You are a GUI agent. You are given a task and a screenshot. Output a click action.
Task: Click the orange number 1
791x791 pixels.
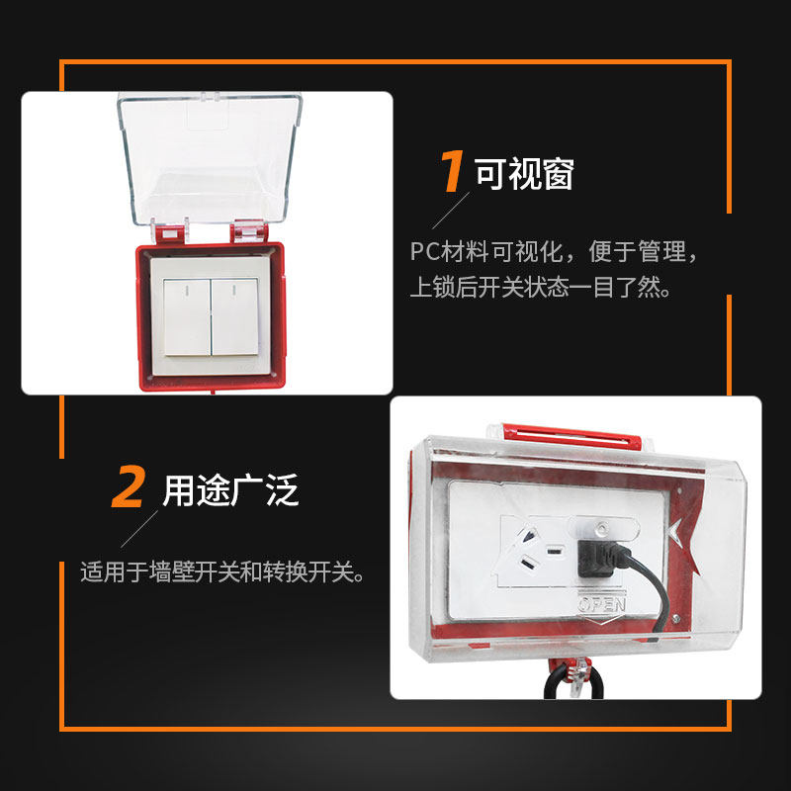click(452, 170)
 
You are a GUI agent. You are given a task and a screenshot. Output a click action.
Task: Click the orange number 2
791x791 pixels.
click(129, 486)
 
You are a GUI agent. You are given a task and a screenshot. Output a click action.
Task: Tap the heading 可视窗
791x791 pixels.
click(524, 174)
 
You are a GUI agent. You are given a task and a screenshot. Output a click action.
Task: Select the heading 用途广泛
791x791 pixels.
click(230, 489)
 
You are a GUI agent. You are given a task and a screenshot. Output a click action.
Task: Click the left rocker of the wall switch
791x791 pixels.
click(187, 316)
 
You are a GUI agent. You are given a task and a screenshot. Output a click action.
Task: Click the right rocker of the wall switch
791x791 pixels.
click(234, 316)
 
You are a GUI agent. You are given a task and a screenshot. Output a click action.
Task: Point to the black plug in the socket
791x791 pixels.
click(599, 559)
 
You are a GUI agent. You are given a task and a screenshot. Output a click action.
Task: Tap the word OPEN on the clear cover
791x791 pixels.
click(602, 604)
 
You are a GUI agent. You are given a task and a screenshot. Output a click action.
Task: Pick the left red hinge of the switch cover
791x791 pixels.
click(169, 234)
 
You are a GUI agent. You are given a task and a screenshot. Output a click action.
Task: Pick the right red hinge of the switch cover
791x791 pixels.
click(250, 233)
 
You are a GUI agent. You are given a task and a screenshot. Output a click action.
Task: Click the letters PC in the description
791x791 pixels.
click(425, 251)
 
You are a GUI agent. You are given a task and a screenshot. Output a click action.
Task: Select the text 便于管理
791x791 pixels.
click(637, 251)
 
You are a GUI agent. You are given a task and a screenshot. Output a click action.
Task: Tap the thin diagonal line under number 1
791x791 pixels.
click(451, 211)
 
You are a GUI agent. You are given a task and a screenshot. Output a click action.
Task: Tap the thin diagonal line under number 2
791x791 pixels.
click(139, 529)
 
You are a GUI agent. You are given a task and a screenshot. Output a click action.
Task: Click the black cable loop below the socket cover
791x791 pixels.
click(573, 680)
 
